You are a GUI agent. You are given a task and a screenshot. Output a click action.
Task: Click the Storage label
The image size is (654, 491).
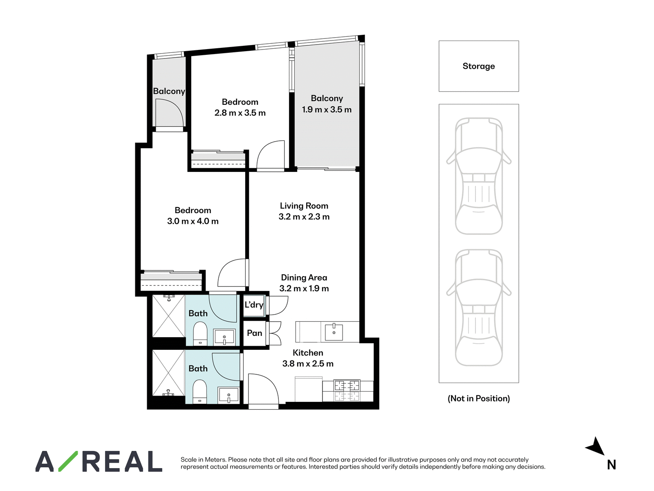[x=479, y=66]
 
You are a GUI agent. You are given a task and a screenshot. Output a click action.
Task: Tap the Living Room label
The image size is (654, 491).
[x=304, y=206]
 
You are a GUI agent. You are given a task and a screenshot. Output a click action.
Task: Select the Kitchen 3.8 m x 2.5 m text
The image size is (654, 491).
[x=308, y=358]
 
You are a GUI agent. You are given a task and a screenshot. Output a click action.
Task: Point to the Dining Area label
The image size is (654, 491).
[x=304, y=277]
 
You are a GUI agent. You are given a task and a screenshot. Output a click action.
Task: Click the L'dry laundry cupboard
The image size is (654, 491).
[x=254, y=305]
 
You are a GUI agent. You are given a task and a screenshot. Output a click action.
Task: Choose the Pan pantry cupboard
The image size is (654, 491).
[x=255, y=333]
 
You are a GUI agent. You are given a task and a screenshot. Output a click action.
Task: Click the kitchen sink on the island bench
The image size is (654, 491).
[x=334, y=331]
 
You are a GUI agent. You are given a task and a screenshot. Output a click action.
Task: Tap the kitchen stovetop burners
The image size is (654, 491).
[x=347, y=386]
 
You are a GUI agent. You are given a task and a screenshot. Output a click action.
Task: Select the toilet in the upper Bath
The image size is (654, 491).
[x=200, y=333]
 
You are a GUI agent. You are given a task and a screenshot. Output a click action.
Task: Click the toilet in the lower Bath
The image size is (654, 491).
[x=199, y=392]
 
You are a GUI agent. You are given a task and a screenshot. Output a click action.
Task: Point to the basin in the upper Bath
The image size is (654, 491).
[x=224, y=337]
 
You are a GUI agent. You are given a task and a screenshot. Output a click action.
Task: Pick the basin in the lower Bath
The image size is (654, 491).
[x=228, y=395]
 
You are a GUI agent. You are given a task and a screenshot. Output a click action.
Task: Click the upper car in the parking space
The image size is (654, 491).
[x=479, y=176]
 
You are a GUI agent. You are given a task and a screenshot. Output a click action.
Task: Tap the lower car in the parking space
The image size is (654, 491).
[x=479, y=307]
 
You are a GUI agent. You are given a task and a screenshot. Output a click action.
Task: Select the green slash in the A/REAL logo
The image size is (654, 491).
[x=68, y=461]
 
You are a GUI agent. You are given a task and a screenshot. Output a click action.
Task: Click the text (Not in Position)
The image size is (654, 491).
[x=479, y=399]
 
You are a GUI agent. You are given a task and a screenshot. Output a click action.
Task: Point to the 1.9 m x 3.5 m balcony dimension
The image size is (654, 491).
[x=327, y=110]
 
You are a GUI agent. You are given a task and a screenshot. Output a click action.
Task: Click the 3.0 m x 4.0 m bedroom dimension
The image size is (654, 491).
[x=193, y=221]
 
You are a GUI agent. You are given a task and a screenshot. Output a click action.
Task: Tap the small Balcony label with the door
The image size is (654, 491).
[x=169, y=91]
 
